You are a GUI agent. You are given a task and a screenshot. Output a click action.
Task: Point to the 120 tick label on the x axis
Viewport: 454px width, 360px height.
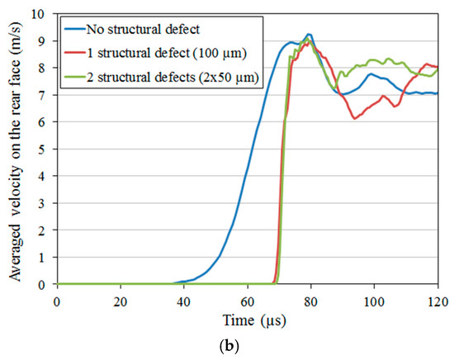click(x=437, y=299)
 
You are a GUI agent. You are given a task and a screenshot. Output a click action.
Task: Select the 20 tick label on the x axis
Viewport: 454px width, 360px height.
click(x=121, y=299)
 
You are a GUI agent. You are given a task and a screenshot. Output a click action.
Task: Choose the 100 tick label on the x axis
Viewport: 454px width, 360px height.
click(x=374, y=299)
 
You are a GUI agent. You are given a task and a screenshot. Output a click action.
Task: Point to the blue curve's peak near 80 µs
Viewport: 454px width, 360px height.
click(x=309, y=35)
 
